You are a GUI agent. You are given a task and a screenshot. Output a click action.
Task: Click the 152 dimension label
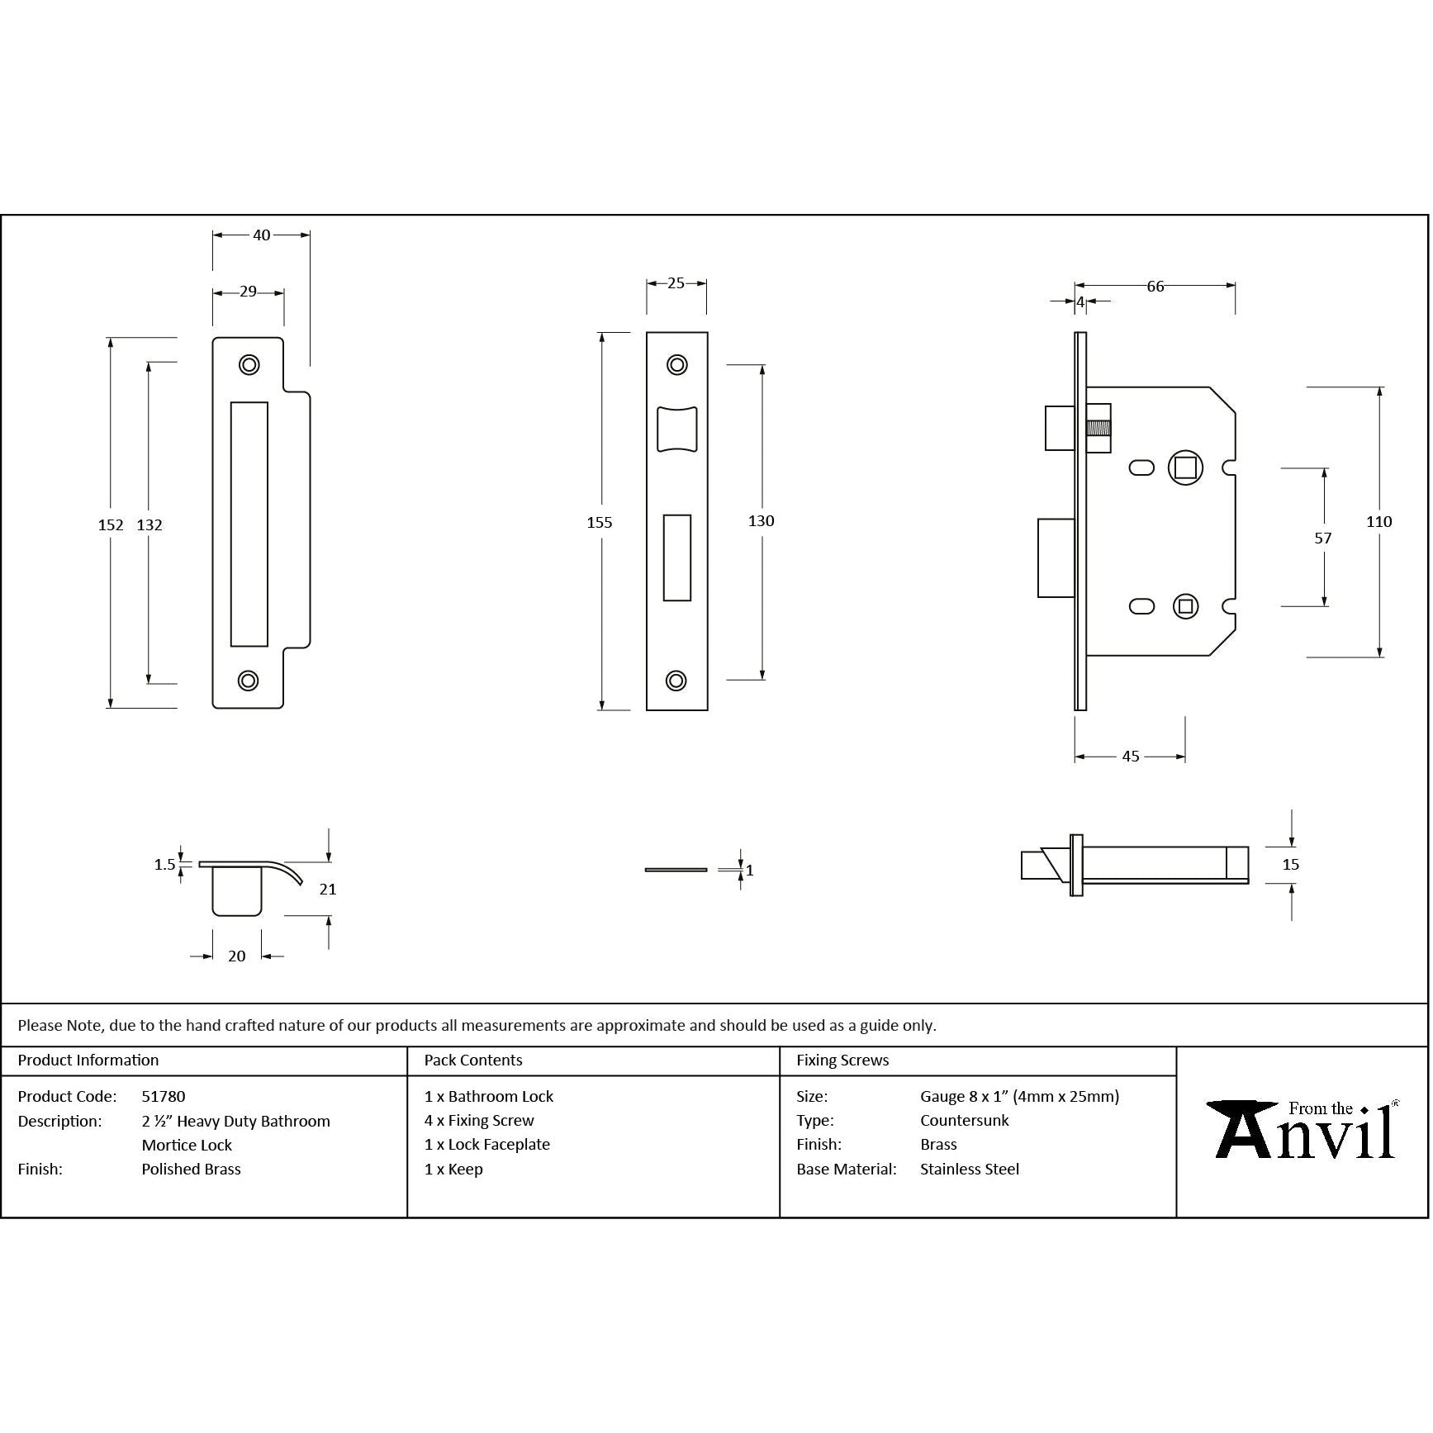tap(111, 525)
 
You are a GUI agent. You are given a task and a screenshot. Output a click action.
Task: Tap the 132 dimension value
tap(149, 525)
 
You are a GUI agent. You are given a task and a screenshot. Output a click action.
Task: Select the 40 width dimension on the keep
tap(262, 235)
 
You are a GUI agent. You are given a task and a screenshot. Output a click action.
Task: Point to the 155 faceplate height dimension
tap(600, 523)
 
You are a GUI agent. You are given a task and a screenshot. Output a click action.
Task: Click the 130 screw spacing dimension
tap(762, 521)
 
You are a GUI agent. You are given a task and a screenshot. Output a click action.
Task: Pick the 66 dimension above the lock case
tap(1155, 287)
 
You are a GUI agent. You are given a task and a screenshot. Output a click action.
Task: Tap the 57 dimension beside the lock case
tap(1323, 539)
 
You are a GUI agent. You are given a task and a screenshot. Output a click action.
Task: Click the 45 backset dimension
tap(1131, 757)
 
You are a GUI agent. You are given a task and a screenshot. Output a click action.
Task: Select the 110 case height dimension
tap(1379, 522)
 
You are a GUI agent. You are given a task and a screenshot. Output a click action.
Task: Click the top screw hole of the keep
tap(249, 364)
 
